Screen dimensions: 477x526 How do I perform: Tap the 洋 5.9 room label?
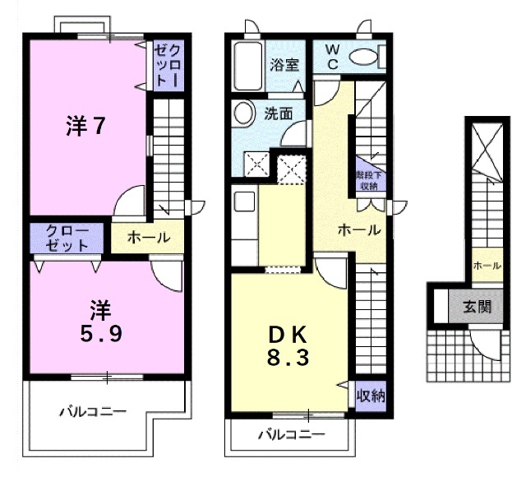pos(99,322)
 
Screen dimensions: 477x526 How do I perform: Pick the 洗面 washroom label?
pos(278,114)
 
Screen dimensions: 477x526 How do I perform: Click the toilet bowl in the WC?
pos(364,57)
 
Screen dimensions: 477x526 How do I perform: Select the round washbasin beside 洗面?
pos(244,114)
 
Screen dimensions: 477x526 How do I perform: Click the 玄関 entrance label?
pos(477,308)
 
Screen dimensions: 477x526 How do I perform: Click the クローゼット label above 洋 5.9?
pos(67,238)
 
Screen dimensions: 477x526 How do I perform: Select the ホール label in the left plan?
pos(149,238)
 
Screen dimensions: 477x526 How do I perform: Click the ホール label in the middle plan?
pos(359,230)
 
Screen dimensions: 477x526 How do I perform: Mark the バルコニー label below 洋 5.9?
pos(92,411)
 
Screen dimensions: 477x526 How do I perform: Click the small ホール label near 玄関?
pos(486,266)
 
